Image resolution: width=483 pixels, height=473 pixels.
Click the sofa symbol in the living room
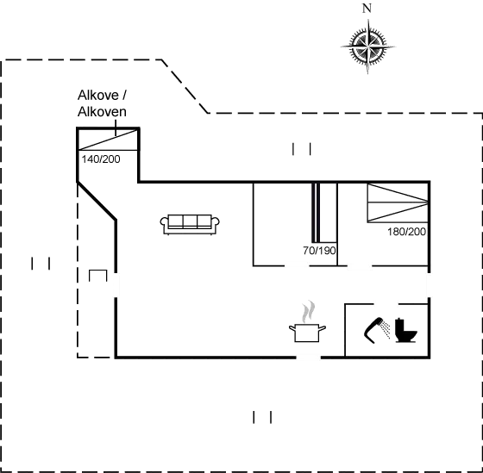190,225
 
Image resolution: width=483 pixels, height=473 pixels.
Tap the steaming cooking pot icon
307,322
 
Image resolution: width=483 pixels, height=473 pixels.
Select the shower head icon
377,330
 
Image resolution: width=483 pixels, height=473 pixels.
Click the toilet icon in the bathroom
406,331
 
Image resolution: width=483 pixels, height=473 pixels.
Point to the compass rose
367,47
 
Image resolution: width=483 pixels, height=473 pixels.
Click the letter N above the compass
367,9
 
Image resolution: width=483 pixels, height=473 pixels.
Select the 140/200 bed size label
101,159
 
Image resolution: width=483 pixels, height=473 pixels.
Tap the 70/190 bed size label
319,251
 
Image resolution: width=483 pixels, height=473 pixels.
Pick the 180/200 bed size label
406,232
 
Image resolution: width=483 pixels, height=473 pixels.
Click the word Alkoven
102,111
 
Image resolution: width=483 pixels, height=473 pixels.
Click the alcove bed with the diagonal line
108,140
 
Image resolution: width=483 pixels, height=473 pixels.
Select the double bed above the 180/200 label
398,202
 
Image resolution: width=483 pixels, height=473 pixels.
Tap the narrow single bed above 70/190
324,213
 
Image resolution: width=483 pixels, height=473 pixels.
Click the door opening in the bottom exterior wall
309,358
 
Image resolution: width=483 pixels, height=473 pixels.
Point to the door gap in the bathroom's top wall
386,304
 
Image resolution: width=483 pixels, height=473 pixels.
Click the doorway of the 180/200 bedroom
360,265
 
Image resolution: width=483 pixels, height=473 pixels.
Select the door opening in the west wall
116,285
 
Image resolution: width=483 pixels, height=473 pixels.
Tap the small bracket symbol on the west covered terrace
98,276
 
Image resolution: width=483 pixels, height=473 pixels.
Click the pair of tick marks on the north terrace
302,149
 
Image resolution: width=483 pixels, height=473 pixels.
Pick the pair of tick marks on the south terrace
262,417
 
